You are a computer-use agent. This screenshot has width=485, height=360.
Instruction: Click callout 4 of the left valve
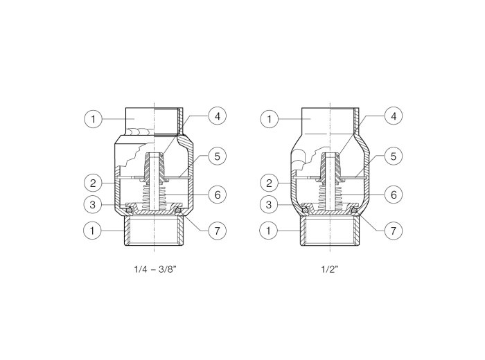coord(218,116)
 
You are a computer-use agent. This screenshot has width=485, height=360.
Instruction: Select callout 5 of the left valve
coord(218,156)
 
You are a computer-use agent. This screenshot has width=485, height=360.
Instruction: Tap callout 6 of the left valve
coord(218,195)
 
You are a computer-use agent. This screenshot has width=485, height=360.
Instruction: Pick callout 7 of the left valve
coord(218,231)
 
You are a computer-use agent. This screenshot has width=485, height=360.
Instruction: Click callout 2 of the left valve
coord(93,183)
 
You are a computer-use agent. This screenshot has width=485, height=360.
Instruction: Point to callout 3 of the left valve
coord(92,204)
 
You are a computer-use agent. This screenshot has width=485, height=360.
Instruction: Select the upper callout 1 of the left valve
coord(93,119)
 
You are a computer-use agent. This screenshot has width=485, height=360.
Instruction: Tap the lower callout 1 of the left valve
coord(92,231)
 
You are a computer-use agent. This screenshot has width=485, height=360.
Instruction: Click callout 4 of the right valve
coord(394,116)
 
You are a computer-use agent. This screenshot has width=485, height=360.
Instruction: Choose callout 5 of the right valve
coord(394,156)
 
